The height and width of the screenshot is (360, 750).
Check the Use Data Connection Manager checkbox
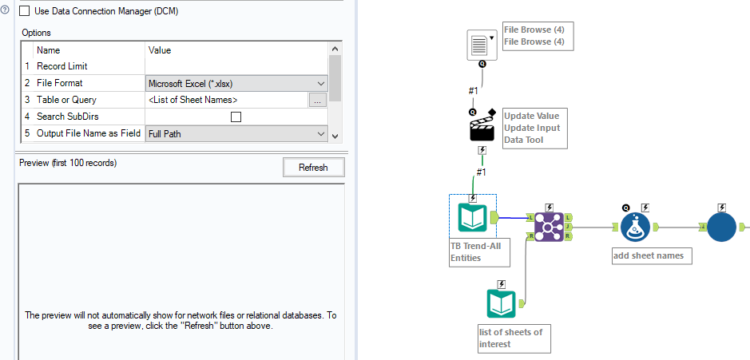point(24,11)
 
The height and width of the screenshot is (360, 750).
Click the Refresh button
point(313,167)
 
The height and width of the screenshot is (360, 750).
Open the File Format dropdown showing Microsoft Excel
point(237,83)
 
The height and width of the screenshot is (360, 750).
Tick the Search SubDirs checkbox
point(236,117)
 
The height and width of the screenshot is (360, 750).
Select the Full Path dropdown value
point(237,134)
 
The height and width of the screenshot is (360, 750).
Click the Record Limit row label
point(62,66)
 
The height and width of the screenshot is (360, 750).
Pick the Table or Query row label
point(66,100)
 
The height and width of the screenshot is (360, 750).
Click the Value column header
point(160,49)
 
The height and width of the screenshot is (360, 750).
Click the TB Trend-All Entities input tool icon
point(473,218)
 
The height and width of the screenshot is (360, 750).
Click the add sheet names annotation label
point(648,256)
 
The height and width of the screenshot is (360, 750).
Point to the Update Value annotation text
point(531,116)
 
